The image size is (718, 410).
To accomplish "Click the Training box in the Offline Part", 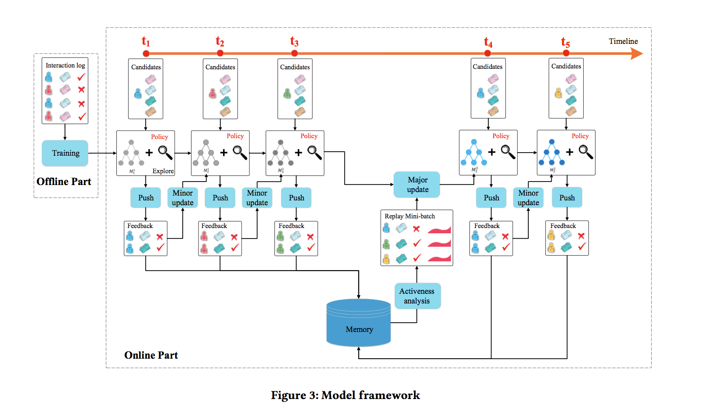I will point(65,153).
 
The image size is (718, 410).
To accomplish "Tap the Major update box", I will point(417,185).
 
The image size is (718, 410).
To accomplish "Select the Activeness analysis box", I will point(417,296).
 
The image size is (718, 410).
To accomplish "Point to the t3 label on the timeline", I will point(294,42).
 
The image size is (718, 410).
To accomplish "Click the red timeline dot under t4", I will point(487,53).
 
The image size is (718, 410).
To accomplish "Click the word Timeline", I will point(623,41).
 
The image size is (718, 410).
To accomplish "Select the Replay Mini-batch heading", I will point(410,216).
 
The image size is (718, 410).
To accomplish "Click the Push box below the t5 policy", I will point(566,198).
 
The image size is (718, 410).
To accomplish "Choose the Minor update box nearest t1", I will point(183,198).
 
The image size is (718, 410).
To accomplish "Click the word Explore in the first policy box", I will point(163,171).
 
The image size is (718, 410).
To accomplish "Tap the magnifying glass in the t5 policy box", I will point(586,152).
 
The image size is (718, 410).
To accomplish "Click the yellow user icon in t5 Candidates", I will point(558,93).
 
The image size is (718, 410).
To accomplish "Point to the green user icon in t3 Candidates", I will point(287,93).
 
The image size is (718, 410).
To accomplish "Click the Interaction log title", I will point(65,65).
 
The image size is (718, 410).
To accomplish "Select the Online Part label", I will point(151,355).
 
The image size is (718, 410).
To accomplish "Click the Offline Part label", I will point(64,182).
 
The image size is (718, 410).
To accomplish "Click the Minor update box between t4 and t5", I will point(528,198).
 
